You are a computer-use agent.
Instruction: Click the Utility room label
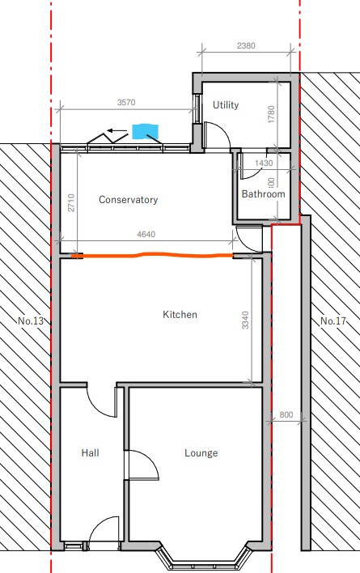click(226, 105)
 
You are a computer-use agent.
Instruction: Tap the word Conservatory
click(128, 200)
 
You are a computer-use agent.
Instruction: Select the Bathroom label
click(263, 193)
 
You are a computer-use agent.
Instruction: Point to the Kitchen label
click(180, 314)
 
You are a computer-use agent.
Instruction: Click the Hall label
click(90, 452)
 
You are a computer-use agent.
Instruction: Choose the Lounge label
click(201, 453)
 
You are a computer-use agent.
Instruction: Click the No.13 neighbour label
click(31, 320)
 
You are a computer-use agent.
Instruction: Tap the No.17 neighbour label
click(333, 320)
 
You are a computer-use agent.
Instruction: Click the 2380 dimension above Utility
click(246, 45)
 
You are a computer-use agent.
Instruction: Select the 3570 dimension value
click(126, 102)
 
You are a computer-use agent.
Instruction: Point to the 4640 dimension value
click(146, 234)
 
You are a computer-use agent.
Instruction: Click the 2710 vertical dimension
click(71, 203)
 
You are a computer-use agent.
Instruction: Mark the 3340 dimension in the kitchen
click(245, 320)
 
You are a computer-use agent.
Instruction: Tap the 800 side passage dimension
click(286, 414)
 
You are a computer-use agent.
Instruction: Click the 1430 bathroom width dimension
click(264, 163)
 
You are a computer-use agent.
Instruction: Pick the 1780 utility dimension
click(271, 114)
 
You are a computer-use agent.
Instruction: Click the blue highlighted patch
click(146, 132)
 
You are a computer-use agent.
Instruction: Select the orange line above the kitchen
click(154, 255)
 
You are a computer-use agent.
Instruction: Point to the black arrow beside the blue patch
click(117, 130)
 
